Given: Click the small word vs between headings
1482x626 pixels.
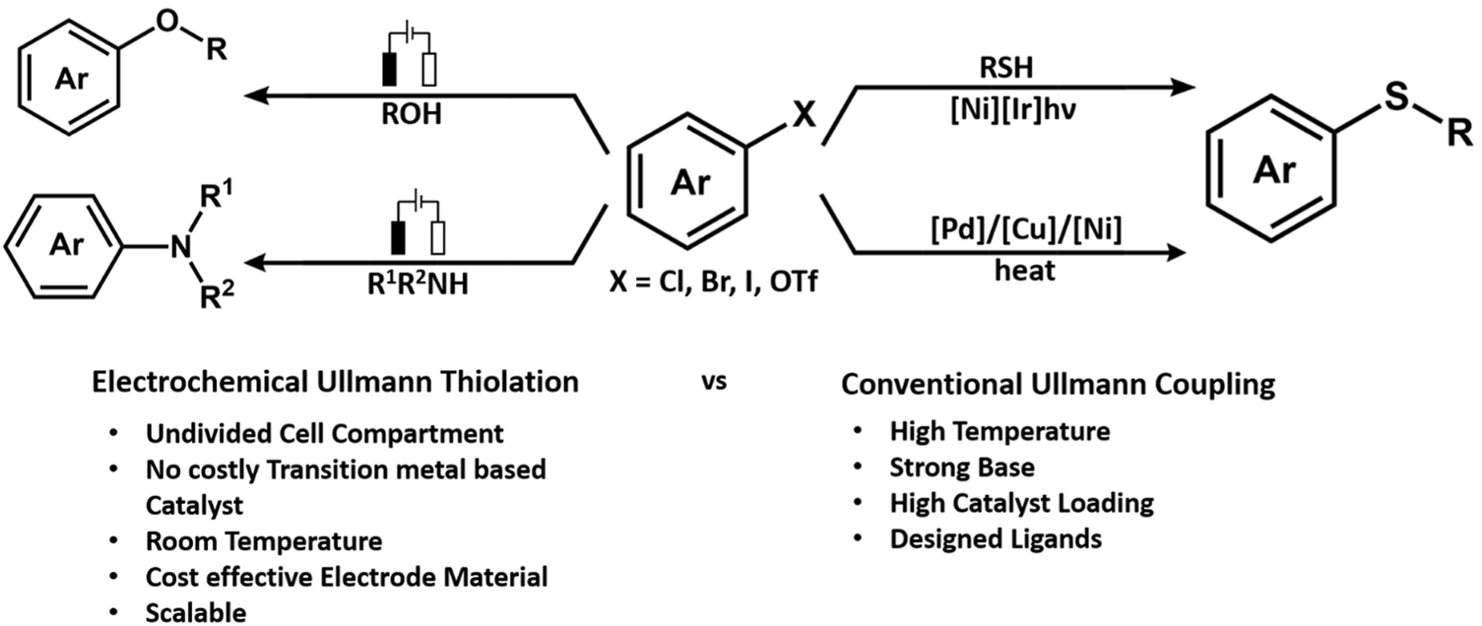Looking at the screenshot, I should pyautogui.click(x=714, y=382).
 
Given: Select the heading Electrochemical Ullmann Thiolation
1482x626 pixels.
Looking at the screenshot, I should pyautogui.click(x=336, y=382).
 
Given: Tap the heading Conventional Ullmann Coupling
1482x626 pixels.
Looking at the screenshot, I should pyautogui.click(x=1058, y=384).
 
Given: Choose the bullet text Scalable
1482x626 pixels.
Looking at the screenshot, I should pyautogui.click(x=195, y=612).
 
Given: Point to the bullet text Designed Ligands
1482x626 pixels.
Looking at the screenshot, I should pyautogui.click(x=996, y=538).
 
